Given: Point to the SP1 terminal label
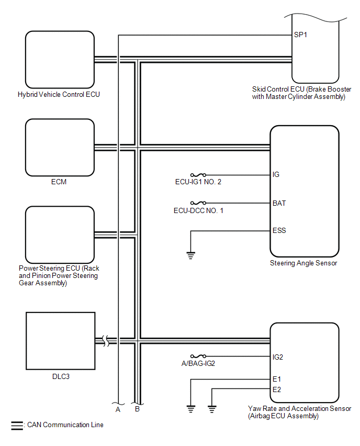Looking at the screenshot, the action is [x=300, y=35].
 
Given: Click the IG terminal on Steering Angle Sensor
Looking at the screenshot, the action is [x=276, y=174].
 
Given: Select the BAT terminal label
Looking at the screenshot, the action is [x=279, y=203].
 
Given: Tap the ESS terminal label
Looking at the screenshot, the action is [x=279, y=230].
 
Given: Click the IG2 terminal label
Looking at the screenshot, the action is [x=277, y=357].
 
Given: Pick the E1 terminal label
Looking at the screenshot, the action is [x=276, y=379].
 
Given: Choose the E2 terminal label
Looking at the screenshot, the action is [x=276, y=389].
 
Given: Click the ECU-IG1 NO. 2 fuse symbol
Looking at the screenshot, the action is [x=198, y=175].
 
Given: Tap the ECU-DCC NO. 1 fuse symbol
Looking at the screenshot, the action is [x=198, y=203].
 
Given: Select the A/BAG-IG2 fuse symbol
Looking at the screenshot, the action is [x=198, y=356].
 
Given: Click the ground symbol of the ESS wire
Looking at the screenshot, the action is [x=191, y=255].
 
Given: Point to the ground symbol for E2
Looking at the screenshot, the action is [x=212, y=409].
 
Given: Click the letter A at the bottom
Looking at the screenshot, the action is [x=118, y=409].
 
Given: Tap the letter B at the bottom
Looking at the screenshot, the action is [x=137, y=409].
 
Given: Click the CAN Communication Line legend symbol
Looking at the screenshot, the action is [x=17, y=426].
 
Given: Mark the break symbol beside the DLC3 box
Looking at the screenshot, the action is [x=106, y=340].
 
